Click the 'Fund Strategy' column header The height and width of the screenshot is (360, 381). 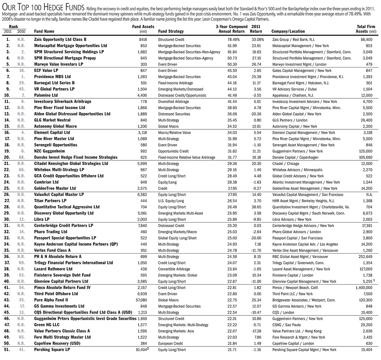[170, 31]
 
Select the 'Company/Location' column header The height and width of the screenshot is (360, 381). [288, 31]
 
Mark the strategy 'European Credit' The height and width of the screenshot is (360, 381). [172, 343]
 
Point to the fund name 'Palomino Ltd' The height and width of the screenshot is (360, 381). [46, 95]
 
